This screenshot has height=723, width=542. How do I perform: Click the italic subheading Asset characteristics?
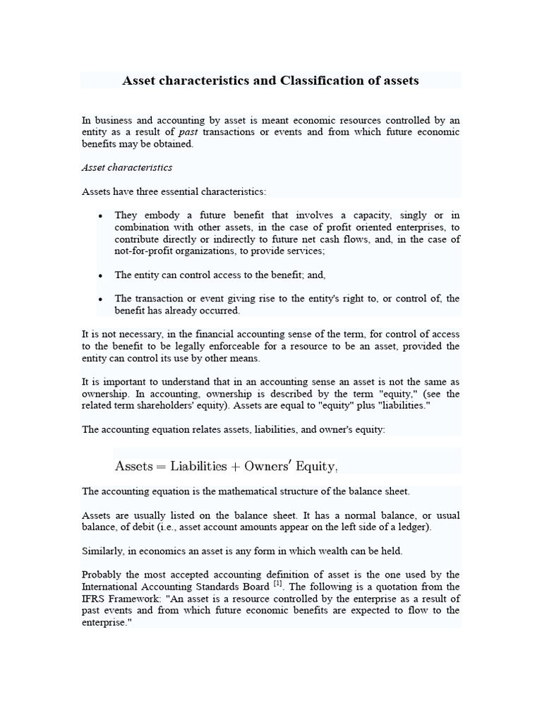[x=127, y=167]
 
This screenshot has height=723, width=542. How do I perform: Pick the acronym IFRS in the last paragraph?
[x=95, y=599]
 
